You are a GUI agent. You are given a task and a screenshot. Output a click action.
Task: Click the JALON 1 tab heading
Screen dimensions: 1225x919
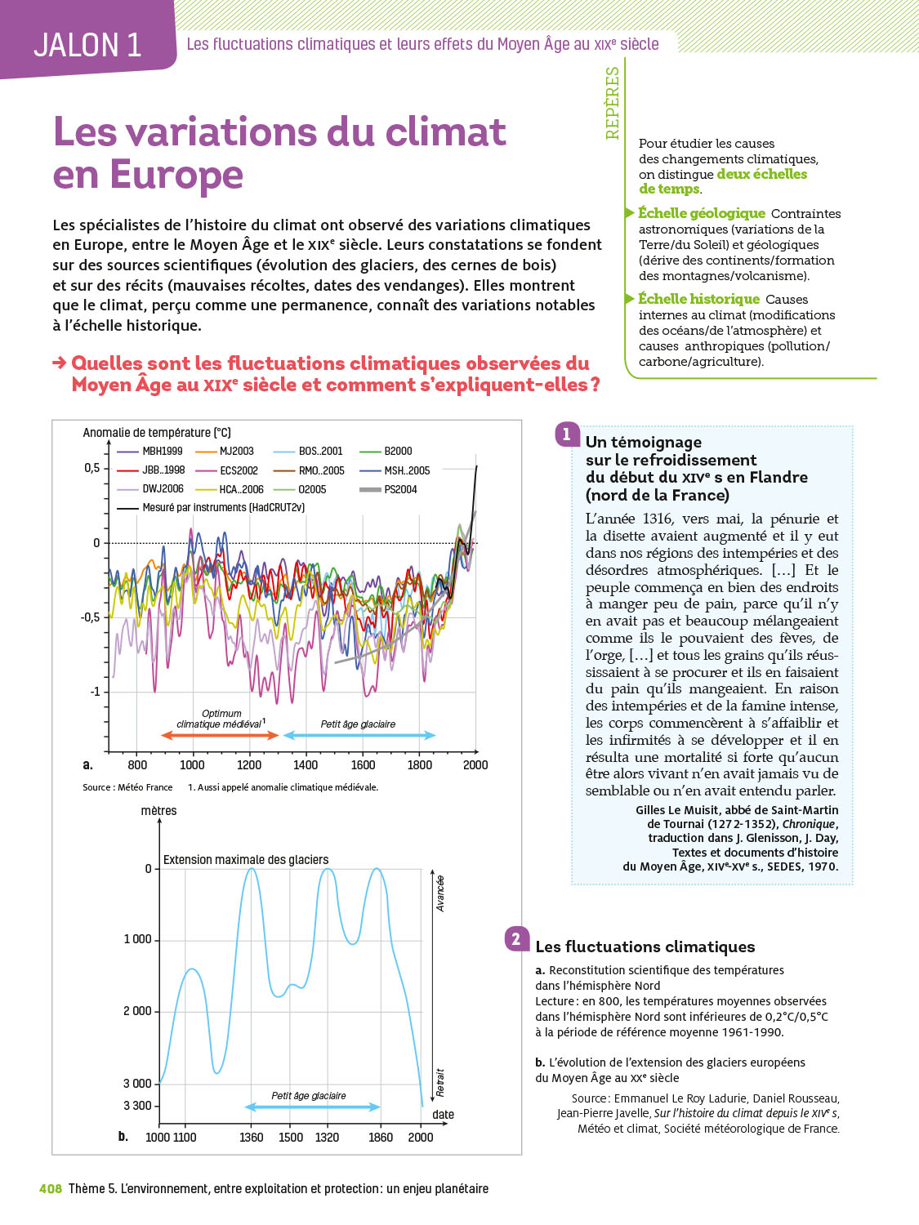[87, 45]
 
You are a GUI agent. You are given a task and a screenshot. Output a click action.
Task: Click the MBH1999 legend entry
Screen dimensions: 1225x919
[162, 451]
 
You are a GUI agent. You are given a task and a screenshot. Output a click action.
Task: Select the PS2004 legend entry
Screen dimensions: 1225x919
[400, 489]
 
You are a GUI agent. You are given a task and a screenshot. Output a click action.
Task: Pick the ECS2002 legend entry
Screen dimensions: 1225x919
[238, 470]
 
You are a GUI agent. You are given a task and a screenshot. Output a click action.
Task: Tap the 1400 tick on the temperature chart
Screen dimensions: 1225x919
[306, 764]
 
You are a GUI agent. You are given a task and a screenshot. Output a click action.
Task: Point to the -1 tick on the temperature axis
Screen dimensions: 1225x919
[95, 692]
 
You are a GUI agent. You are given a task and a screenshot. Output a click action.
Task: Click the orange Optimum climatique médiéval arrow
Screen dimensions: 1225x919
[221, 735]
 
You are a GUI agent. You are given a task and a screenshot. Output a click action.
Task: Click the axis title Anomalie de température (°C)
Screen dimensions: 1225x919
[157, 433]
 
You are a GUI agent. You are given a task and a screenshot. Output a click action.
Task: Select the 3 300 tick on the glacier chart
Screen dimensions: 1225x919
[137, 1106]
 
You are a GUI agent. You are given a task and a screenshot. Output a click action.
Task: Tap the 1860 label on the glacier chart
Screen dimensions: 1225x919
[381, 1137]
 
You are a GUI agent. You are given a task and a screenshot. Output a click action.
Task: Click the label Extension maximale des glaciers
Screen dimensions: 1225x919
[246, 860]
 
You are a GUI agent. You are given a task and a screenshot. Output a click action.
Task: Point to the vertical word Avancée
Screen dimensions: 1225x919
[440, 893]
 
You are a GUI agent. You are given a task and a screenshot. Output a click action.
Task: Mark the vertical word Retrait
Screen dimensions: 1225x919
[440, 1082]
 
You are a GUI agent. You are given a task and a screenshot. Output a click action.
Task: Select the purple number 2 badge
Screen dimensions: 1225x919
[516, 939]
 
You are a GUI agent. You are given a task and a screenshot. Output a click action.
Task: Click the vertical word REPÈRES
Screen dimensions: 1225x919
[613, 103]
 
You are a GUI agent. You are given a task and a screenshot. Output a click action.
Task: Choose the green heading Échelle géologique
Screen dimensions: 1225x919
[701, 213]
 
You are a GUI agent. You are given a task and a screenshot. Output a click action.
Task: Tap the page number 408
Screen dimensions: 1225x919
[51, 1188]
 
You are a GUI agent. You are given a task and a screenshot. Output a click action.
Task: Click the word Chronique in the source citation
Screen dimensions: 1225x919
[809, 824]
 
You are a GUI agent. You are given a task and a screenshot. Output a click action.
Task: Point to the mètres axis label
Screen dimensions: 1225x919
[158, 810]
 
